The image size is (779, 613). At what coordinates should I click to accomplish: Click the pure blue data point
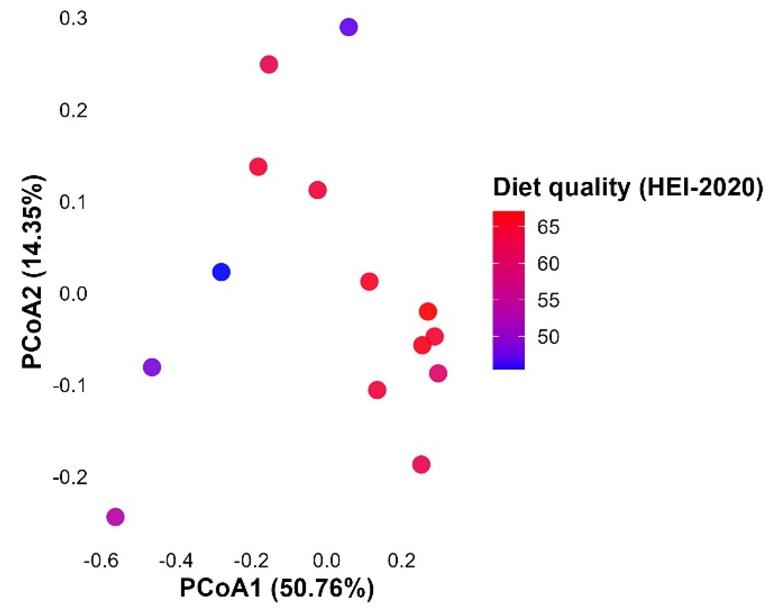[x=221, y=272]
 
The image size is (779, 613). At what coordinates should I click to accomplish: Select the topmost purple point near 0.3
[x=349, y=27]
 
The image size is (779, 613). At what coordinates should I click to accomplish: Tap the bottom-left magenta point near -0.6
[x=115, y=517]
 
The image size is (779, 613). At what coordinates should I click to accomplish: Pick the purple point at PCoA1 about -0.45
[x=152, y=367]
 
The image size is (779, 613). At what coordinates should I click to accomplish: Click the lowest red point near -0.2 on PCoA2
[x=421, y=465]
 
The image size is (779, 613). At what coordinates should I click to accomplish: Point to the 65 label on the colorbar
[x=548, y=227]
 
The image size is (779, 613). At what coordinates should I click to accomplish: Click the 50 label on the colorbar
[x=548, y=337]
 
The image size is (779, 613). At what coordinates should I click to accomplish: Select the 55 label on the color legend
[x=548, y=301]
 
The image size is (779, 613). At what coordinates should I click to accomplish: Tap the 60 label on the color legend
[x=548, y=264]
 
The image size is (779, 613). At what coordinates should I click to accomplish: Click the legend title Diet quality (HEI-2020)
[x=627, y=188]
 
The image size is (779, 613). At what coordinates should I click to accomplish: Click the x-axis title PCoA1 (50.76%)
[x=277, y=588]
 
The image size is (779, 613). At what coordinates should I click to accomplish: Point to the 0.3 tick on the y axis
[x=73, y=19]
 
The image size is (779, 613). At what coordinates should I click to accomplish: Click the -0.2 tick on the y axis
[x=70, y=478]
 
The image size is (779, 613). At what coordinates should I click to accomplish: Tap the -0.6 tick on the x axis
[x=101, y=561]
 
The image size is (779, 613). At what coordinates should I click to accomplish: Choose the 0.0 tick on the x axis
[x=326, y=561]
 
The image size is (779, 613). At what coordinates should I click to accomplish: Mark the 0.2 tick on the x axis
[x=401, y=561]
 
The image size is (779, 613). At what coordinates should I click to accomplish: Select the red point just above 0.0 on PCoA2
[x=369, y=282]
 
